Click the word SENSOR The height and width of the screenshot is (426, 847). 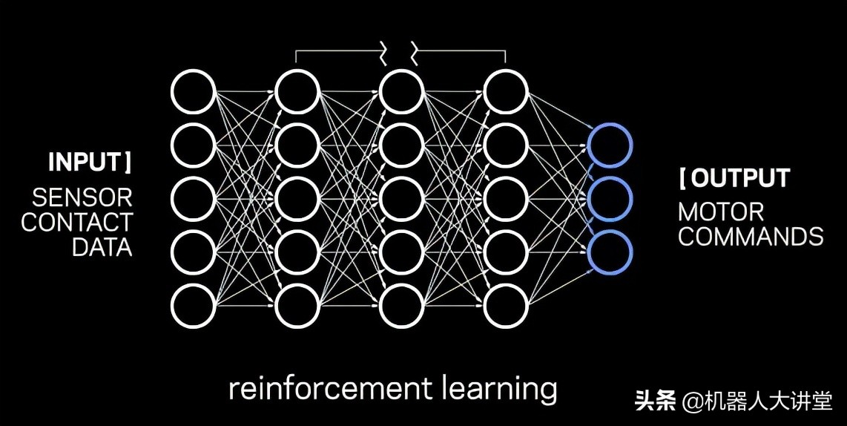pos(82,197)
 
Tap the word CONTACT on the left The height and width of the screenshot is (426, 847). pos(76,222)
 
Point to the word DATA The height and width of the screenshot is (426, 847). pos(102,246)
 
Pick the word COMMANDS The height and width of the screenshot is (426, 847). pos(751,237)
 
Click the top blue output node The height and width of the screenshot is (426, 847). pos(610,145)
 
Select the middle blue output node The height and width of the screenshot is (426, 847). pos(610,198)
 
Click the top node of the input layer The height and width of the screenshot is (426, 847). pos(193,92)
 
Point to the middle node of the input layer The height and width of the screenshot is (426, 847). pos(193,198)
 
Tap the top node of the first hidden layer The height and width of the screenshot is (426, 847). pos(297,92)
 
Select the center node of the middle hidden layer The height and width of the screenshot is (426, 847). pos(401,198)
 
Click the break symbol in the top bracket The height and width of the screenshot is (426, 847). pos(401,53)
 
